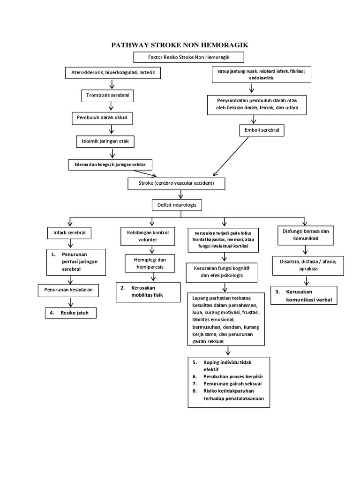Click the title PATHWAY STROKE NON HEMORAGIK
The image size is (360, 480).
180,45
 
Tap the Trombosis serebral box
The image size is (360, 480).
107,95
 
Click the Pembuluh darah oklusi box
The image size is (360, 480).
102,118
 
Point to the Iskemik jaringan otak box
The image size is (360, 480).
106,140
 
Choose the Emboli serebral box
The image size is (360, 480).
262,130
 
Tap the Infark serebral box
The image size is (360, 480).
69,232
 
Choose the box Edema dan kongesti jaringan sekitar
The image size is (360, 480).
110,164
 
